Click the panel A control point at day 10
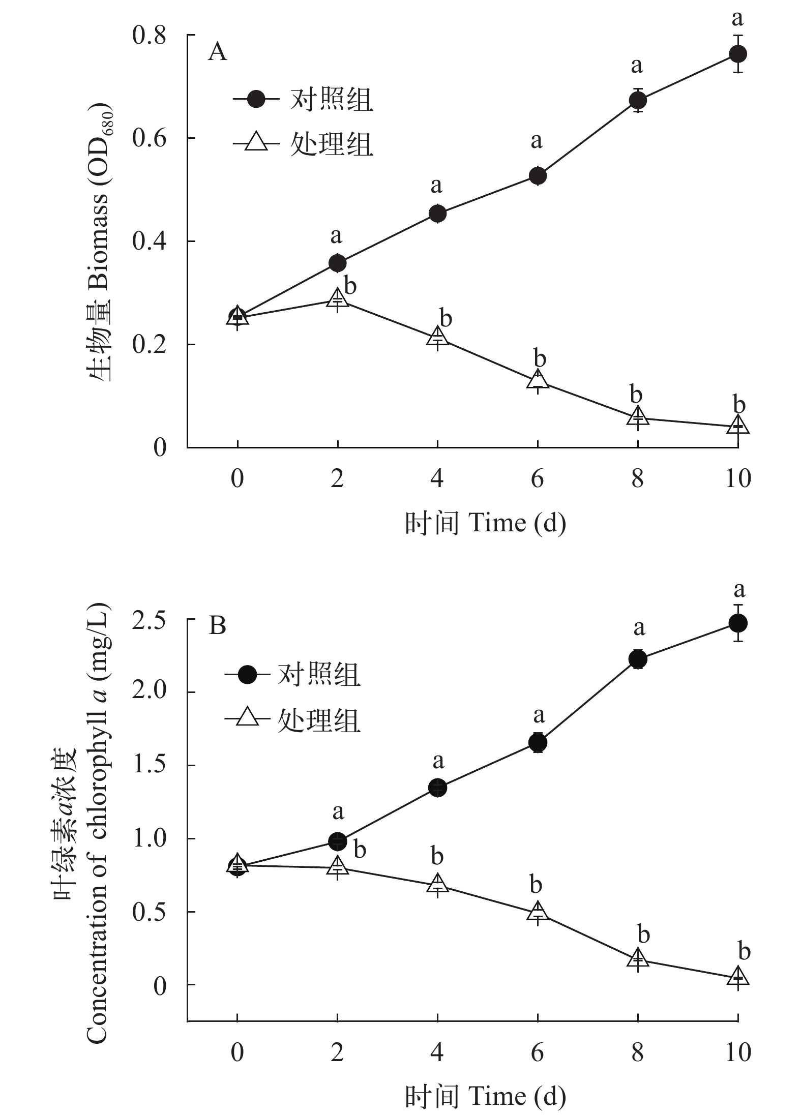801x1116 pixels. (737, 54)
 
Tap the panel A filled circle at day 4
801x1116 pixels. (437, 214)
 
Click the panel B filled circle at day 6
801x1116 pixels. (538, 742)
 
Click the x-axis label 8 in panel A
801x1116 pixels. (638, 479)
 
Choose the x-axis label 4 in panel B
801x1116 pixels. (437, 1052)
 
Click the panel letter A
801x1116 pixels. (218, 52)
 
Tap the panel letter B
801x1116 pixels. (218, 626)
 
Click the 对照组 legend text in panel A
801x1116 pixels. (332, 99)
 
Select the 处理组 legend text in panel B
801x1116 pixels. (319, 720)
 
